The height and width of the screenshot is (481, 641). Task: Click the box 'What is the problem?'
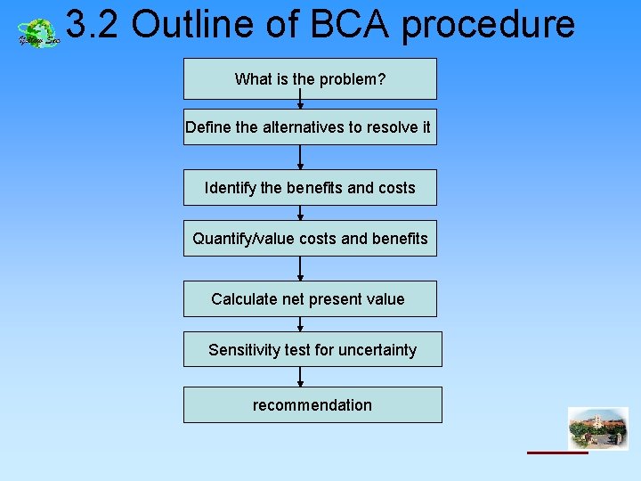click(x=310, y=79)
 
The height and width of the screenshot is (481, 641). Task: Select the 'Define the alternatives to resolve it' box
click(x=308, y=127)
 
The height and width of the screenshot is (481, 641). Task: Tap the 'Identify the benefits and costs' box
click(x=310, y=188)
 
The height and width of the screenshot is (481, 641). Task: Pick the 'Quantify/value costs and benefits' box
click(x=310, y=239)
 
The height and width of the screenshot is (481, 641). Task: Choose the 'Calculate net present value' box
click(x=310, y=299)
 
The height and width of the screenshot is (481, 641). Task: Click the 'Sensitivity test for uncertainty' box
click(x=312, y=350)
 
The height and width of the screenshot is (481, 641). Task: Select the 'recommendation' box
click(x=312, y=405)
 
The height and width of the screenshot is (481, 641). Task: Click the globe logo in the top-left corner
click(x=38, y=34)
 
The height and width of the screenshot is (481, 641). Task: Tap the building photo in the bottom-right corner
click(x=597, y=428)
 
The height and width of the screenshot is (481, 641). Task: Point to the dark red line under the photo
click(x=557, y=452)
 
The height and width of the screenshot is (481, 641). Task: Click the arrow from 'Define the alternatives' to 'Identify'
click(x=300, y=158)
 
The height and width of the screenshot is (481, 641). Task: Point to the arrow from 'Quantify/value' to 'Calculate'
click(x=300, y=269)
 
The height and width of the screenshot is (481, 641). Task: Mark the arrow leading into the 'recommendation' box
click(x=300, y=377)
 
